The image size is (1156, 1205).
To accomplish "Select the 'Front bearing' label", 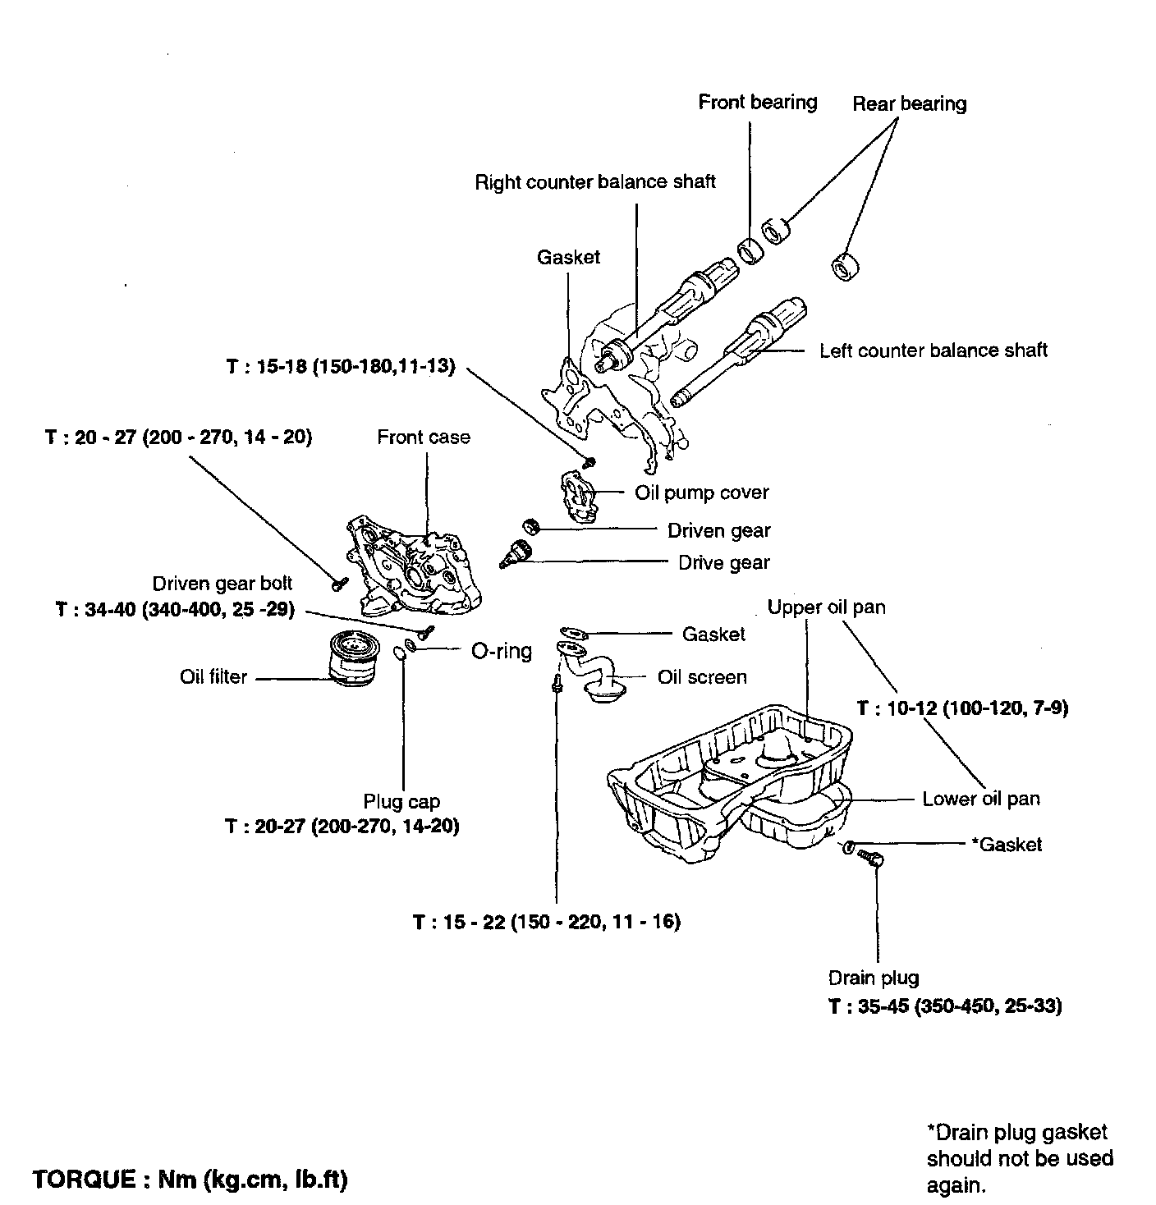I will (x=757, y=103).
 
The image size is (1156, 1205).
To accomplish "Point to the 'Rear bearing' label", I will (x=909, y=104).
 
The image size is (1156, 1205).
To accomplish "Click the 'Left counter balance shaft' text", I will (x=933, y=351).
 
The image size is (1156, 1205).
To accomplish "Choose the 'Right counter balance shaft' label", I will (x=595, y=181).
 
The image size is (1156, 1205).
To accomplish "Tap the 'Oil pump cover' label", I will (x=701, y=493).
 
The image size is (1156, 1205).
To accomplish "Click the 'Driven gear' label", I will (x=718, y=530).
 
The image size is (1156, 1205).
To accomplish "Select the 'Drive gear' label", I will (x=723, y=563).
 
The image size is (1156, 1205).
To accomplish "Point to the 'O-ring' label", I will (x=501, y=652).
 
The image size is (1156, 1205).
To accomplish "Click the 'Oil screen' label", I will (x=702, y=677).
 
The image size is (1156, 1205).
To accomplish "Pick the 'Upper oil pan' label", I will (x=826, y=607).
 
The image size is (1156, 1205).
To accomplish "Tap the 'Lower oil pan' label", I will (x=980, y=799).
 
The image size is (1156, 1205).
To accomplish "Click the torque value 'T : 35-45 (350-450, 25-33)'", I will (x=945, y=1006).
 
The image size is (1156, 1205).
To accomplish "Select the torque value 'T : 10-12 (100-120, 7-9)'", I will (x=962, y=708).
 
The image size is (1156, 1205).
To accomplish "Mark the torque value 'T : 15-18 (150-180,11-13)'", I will (x=340, y=366).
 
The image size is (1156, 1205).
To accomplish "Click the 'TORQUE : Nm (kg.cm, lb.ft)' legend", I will (x=190, y=1180).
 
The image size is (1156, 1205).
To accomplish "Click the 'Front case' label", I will (x=424, y=438).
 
